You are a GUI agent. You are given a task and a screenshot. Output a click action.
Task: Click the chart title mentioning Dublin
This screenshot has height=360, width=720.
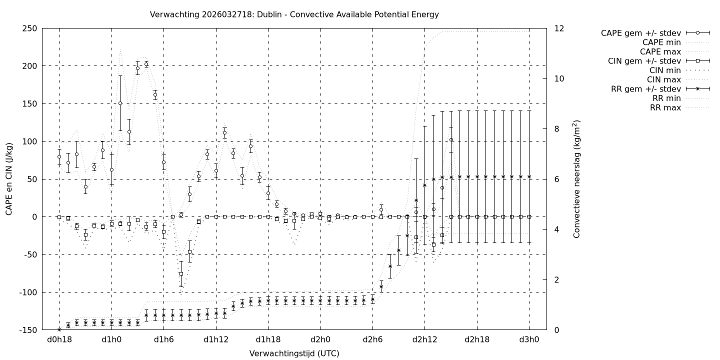[x=294, y=14]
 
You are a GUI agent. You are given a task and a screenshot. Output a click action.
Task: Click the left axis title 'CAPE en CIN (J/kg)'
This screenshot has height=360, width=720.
[x=9, y=179]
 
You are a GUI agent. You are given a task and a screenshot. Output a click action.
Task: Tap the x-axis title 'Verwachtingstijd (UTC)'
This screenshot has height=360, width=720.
[x=294, y=353]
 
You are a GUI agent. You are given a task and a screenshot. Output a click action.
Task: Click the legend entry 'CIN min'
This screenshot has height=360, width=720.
[x=664, y=70]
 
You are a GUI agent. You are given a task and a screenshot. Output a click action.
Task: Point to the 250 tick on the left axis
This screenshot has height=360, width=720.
[x=29, y=28]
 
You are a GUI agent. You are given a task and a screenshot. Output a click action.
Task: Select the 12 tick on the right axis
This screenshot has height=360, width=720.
[x=559, y=28]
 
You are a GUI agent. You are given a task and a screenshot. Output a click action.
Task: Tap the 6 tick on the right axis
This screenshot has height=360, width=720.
[x=557, y=179]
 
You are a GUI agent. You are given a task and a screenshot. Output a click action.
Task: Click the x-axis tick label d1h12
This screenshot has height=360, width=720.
[x=216, y=339]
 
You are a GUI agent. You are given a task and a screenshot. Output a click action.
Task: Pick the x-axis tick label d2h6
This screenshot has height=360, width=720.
[x=372, y=339]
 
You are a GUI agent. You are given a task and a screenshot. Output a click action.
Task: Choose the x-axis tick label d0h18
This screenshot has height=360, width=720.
[x=59, y=339]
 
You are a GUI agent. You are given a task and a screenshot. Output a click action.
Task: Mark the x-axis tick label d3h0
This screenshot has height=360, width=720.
[x=529, y=339]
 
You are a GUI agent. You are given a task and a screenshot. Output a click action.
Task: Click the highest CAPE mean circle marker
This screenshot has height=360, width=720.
[x=146, y=64]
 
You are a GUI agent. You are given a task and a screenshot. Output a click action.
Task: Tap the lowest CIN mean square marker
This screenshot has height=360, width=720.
[x=181, y=273]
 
